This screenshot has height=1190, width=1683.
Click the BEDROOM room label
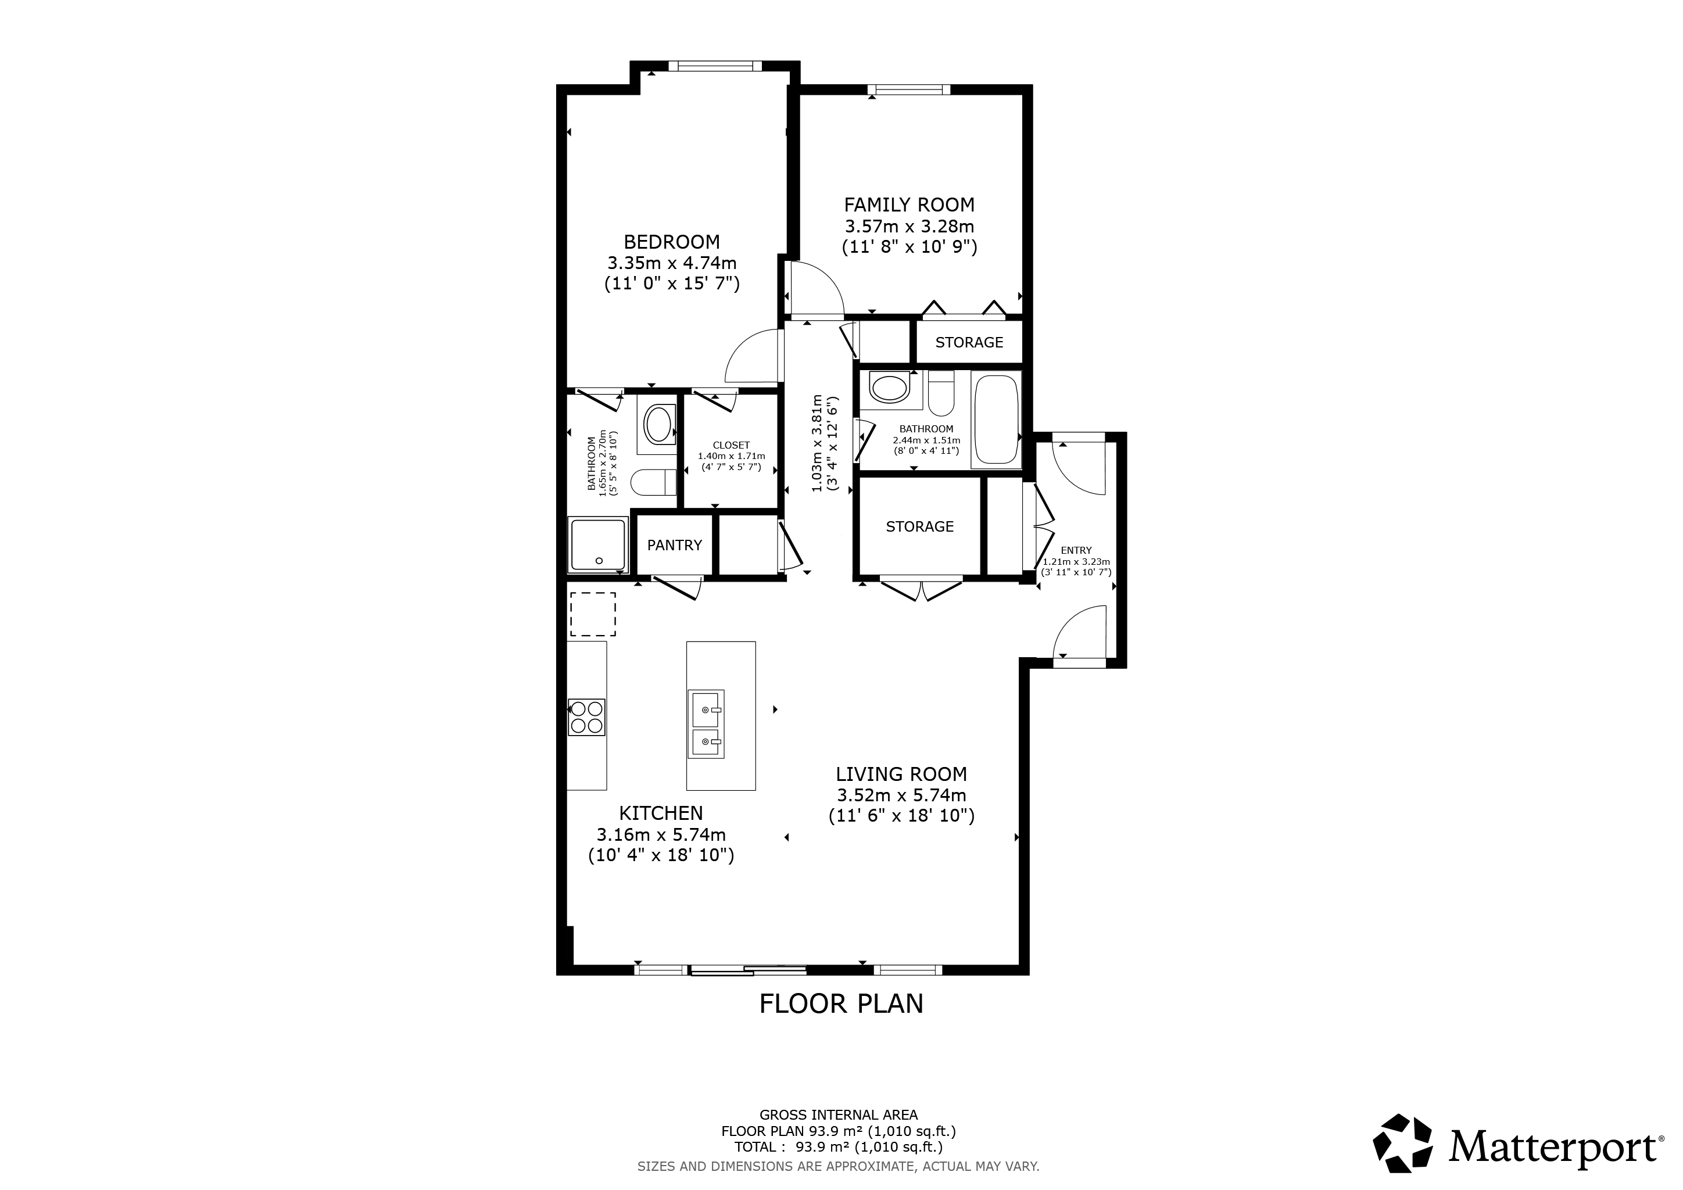click(671, 242)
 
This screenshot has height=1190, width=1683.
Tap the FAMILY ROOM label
click(909, 205)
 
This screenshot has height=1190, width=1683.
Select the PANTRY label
click(674, 545)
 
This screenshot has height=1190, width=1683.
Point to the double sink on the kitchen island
click(706, 724)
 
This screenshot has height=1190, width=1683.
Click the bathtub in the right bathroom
click(996, 418)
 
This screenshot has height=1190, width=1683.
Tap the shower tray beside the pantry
click(598, 544)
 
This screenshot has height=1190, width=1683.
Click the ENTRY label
click(1076, 550)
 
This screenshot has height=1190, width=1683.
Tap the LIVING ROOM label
click(901, 774)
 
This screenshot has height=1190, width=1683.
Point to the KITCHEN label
click(661, 813)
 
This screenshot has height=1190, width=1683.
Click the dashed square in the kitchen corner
click(592, 614)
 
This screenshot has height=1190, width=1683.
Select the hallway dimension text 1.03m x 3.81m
click(817, 443)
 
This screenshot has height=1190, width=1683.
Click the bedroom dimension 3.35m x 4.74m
click(671, 263)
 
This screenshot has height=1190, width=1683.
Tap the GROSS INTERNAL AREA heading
click(839, 1115)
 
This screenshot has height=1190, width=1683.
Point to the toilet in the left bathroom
click(654, 482)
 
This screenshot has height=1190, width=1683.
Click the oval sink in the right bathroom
click(889, 389)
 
